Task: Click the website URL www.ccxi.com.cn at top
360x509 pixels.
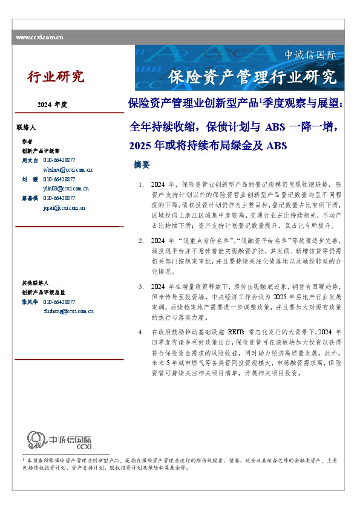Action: point(39,37)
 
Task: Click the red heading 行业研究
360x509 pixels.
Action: point(55,77)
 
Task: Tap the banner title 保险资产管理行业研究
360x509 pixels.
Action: point(252,77)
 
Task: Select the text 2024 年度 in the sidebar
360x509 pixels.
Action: point(52,105)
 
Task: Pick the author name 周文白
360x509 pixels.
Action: point(30,160)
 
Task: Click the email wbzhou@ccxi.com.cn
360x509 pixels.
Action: point(68,170)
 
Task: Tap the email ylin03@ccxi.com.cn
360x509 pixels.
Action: point(67,189)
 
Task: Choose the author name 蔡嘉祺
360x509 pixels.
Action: point(30,198)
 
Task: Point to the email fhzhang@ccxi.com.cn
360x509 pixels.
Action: point(68,311)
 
